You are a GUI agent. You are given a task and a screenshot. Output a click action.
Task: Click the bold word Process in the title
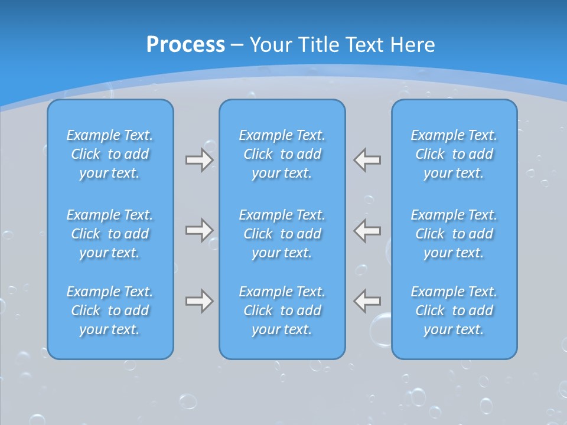185,45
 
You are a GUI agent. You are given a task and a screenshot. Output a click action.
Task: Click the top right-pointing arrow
199,160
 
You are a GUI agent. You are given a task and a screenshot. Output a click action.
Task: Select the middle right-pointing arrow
199,230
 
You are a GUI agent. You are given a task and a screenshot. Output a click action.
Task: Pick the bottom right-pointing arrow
199,301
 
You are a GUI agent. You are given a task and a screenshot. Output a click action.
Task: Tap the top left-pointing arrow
367,160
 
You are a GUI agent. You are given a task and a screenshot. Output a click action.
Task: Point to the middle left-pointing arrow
367,230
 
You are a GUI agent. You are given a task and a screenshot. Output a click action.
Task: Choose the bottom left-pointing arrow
367,301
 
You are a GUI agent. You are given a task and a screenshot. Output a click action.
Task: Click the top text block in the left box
110,154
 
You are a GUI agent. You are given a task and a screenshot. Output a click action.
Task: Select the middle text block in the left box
110,234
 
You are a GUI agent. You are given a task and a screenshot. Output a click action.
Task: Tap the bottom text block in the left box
110,310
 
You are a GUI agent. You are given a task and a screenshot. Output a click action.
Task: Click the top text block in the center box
282,154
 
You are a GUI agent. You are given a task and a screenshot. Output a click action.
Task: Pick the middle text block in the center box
282,234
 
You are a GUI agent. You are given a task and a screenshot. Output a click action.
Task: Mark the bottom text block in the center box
282,310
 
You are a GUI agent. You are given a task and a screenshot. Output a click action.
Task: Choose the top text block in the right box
454,154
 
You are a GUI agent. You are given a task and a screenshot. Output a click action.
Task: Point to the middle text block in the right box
454,234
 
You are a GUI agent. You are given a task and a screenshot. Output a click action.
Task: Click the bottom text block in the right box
454,310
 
